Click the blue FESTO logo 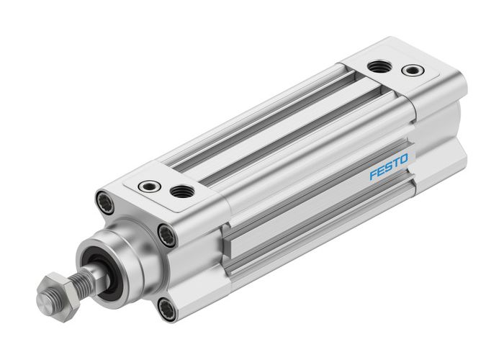(388, 168)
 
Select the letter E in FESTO (381, 171)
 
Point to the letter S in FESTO (388, 168)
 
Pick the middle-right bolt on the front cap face (167, 234)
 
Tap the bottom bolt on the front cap (167, 310)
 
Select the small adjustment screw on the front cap (148, 184)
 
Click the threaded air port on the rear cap (379, 67)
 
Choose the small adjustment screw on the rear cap (413, 71)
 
